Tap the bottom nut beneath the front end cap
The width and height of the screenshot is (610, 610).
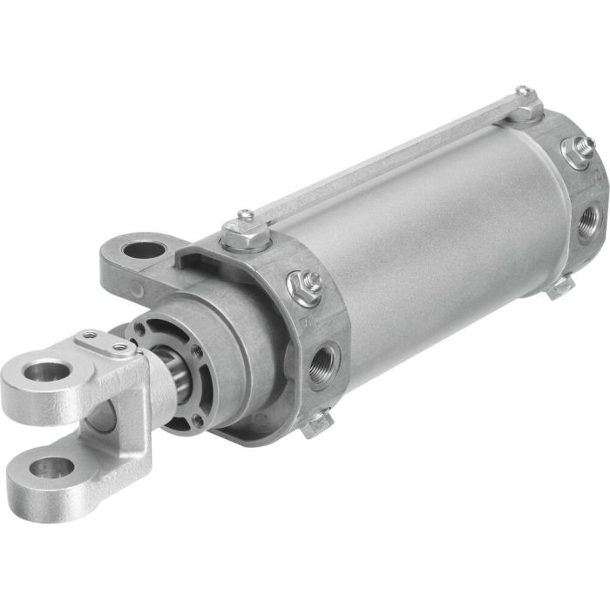pyautogui.click(x=315, y=424)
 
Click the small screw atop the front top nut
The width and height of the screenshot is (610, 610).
pyautogui.click(x=247, y=214)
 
